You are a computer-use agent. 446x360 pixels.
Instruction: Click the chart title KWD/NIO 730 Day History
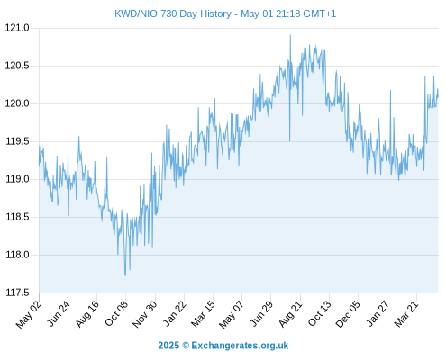tap(173, 13)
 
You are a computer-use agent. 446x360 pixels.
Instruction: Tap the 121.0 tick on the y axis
tap(17, 28)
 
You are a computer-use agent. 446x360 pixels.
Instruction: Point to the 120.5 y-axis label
tap(17, 66)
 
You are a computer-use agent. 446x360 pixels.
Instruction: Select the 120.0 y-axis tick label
tap(17, 103)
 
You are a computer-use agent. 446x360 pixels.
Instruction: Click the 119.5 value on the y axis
tap(17, 141)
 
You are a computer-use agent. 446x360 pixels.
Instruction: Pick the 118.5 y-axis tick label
tap(17, 217)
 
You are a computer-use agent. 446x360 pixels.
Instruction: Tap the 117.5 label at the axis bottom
tap(17, 292)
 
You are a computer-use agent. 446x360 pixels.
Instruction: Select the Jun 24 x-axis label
tap(59, 313)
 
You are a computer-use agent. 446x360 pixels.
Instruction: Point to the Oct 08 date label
tap(116, 313)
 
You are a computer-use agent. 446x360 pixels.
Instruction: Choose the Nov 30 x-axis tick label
tap(144, 314)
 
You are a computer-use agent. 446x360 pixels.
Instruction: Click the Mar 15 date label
tap(203, 314)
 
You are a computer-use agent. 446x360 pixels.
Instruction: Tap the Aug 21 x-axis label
tap(290, 314)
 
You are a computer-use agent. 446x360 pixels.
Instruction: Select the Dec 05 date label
tap(348, 314)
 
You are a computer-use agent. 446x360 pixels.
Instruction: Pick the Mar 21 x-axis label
tap(406, 314)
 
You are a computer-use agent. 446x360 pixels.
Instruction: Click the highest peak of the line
tap(290, 35)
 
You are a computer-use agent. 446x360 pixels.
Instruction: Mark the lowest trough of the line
tap(125, 275)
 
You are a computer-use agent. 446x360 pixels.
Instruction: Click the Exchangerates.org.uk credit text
tap(240, 346)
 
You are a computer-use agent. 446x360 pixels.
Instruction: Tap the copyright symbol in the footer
tap(186, 346)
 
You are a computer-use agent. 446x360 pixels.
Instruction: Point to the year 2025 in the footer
tap(168, 346)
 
